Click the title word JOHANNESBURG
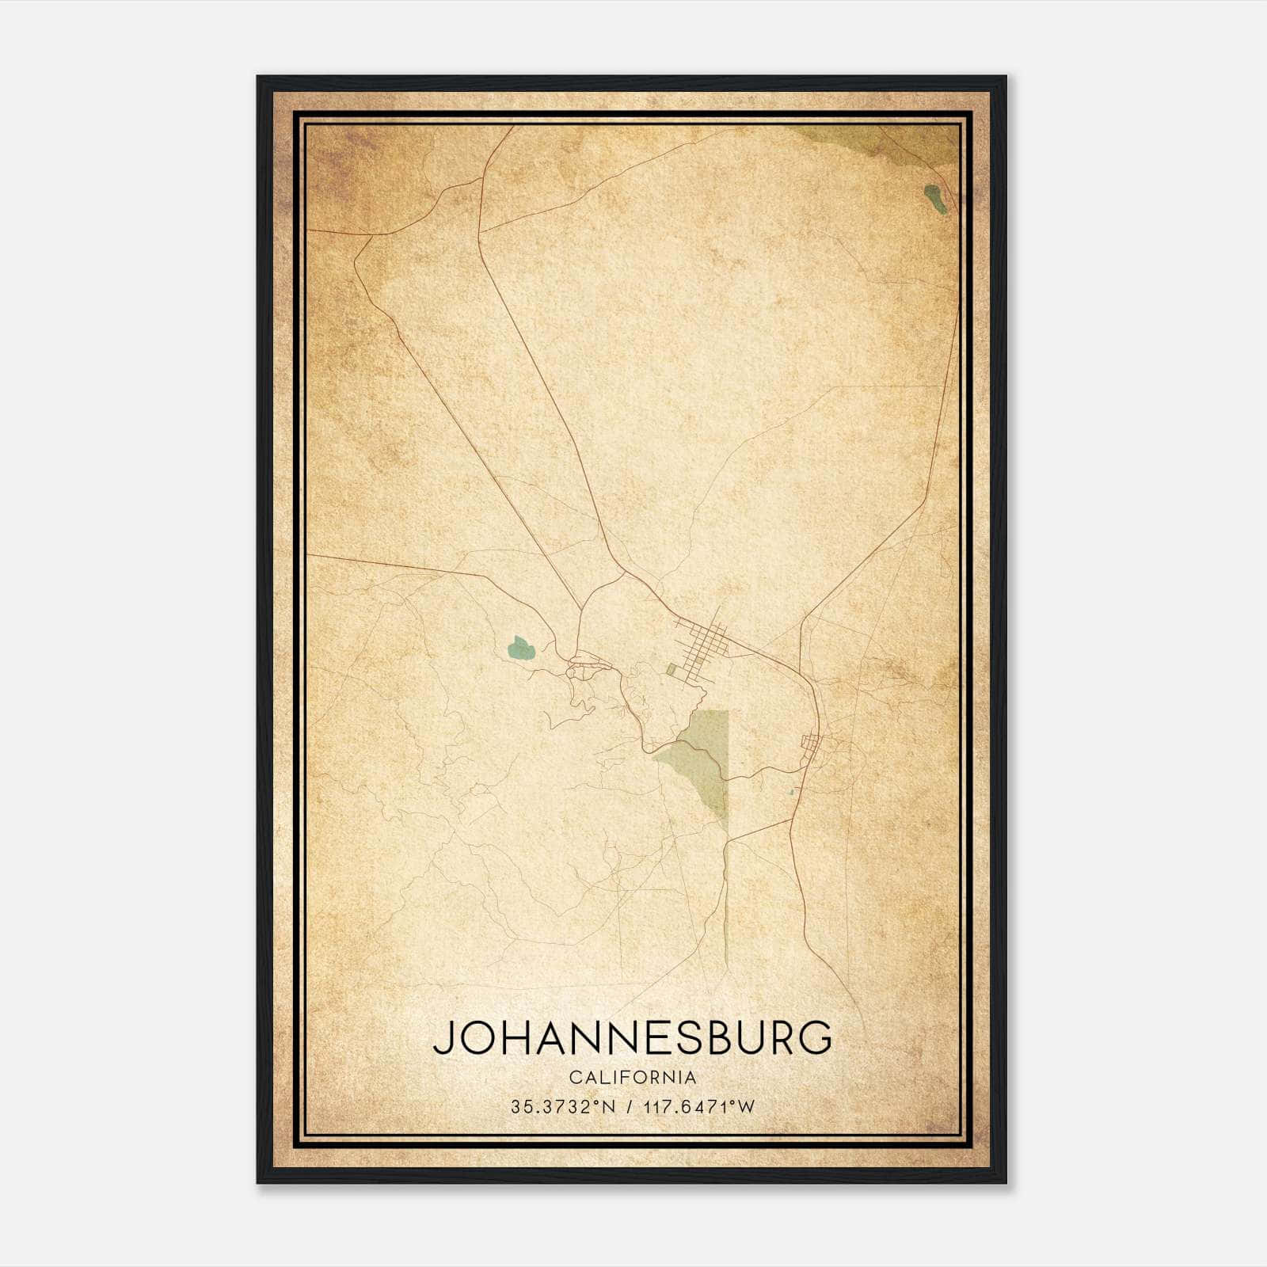click(x=632, y=1037)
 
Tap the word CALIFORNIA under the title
click(x=632, y=1077)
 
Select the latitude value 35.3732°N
click(x=563, y=1107)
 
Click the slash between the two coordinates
click(x=630, y=1107)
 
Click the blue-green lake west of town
click(x=521, y=648)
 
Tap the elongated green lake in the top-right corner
click(x=934, y=198)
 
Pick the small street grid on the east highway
click(x=812, y=744)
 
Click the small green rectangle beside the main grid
click(x=672, y=670)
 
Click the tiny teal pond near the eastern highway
click(x=792, y=791)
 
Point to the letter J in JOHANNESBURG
click(x=443, y=1039)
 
